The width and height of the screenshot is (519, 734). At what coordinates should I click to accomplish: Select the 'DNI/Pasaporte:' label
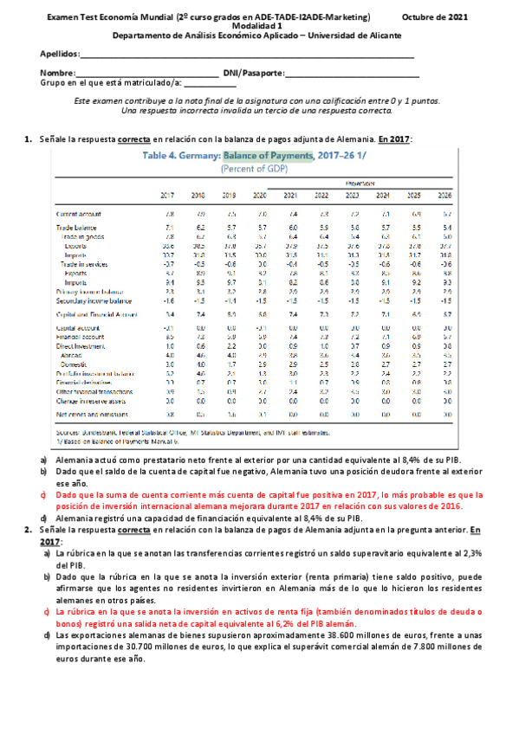(x=254, y=73)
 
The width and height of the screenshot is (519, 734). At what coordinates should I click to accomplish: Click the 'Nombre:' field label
(x=58, y=73)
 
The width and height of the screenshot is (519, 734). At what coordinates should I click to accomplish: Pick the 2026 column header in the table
(x=445, y=195)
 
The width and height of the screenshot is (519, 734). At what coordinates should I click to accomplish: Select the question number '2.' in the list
(x=29, y=527)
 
